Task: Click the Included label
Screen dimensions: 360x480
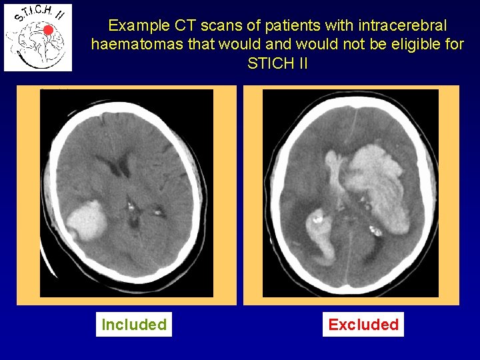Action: [133, 325]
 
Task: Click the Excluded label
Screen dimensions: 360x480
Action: [363, 325]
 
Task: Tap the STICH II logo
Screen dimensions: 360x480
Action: [38, 37]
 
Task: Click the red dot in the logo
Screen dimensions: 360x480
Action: [48, 30]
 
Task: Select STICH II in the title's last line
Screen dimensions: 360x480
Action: [277, 65]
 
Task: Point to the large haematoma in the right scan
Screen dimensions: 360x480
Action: [377, 183]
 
